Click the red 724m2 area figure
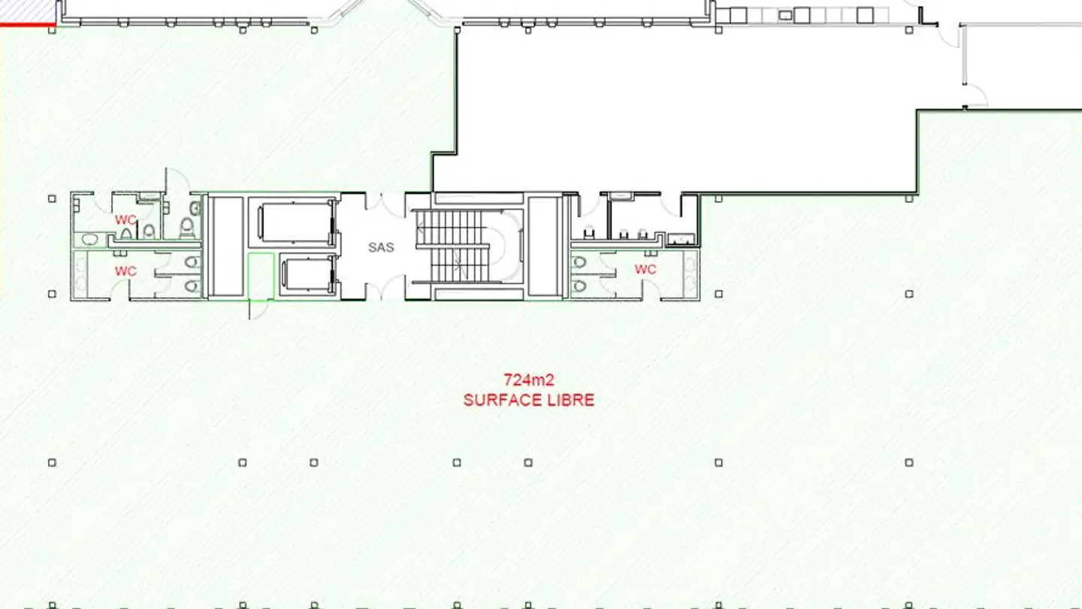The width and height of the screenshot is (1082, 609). coord(528,380)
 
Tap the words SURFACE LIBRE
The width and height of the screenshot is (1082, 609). coord(528,400)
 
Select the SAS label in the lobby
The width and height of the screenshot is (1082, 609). coord(381,247)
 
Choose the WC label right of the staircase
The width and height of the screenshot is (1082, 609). coord(645,269)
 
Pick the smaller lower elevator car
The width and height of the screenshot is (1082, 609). coord(307,275)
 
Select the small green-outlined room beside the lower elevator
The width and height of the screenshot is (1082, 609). coord(261,277)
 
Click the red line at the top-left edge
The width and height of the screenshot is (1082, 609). coord(27,26)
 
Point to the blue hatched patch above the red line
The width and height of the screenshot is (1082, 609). coord(27,11)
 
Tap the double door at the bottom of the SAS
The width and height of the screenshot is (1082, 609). coord(381,290)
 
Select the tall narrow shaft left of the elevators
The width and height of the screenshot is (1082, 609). coord(226,247)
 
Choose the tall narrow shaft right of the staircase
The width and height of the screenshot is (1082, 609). coord(545,247)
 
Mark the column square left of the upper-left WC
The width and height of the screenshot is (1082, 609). coord(52,198)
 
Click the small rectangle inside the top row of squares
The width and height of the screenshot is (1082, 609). coord(785,14)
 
